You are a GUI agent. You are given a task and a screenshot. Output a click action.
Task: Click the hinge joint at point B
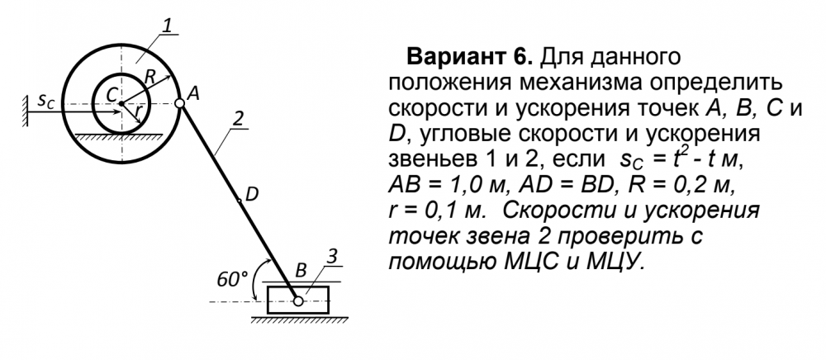pyautogui.click(x=298, y=301)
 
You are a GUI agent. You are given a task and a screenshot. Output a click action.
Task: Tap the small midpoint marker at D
pyautogui.click(x=240, y=201)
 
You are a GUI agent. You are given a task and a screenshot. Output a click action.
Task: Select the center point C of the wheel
pyautogui.click(x=121, y=104)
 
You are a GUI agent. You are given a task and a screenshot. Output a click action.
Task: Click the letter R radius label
pyautogui.click(x=150, y=78)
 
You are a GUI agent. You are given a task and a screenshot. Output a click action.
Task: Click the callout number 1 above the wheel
pyautogui.click(x=167, y=25)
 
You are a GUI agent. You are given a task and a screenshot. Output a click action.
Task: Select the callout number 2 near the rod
pyautogui.click(x=238, y=119)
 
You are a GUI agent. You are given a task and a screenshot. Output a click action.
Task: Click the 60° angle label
pyautogui.click(x=232, y=281)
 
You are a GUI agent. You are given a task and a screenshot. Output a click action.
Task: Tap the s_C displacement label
pyautogui.click(x=45, y=101)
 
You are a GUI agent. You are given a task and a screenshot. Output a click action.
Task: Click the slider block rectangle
pyautogui.click(x=297, y=300)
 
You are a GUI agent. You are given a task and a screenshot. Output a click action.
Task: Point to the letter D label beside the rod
pyautogui.click(x=252, y=195)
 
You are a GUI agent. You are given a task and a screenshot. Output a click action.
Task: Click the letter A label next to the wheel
pyautogui.click(x=193, y=92)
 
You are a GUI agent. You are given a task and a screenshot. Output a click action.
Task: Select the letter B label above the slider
pyautogui.click(x=301, y=272)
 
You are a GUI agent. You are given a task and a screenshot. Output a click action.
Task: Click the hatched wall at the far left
pyautogui.click(x=26, y=111)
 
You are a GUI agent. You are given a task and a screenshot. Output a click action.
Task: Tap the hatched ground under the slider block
pyautogui.click(x=299, y=319)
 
